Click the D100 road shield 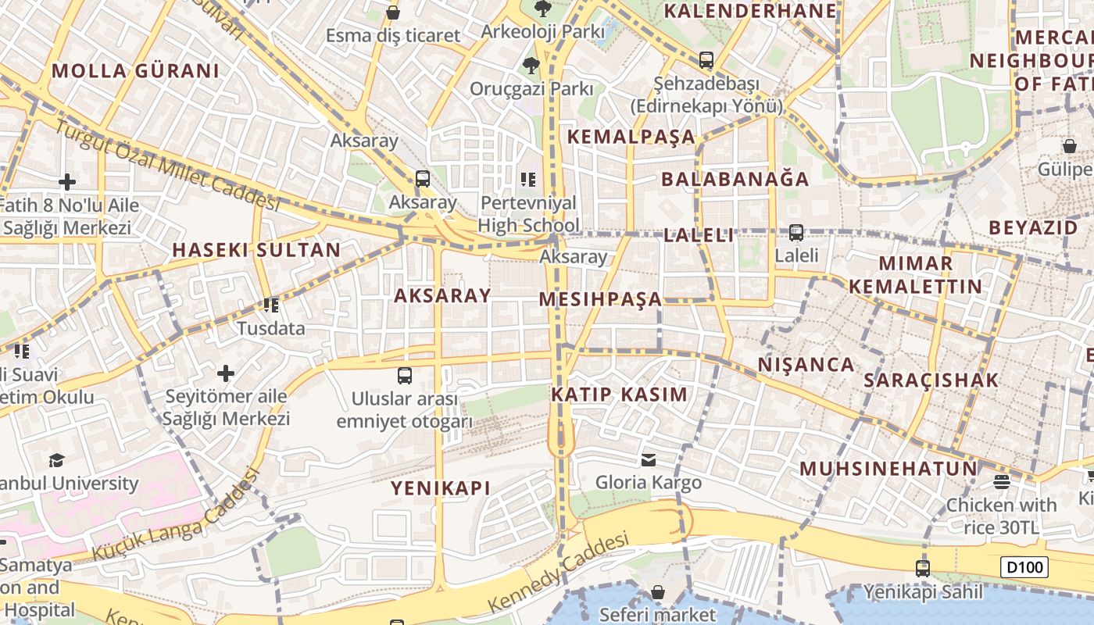pyautogui.click(x=1024, y=567)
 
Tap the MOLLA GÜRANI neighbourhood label pyautogui.click(x=135, y=71)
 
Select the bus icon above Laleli pyautogui.click(x=796, y=232)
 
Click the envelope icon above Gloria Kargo pyautogui.click(x=649, y=459)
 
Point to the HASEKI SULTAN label pyautogui.click(x=256, y=250)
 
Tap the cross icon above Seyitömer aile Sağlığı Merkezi pyautogui.click(x=226, y=373)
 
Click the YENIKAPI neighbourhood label pyautogui.click(x=441, y=488)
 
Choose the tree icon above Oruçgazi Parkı pyautogui.click(x=531, y=65)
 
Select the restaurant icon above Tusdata pyautogui.click(x=270, y=305)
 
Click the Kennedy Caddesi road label pyautogui.click(x=558, y=573)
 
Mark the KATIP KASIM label pyautogui.click(x=620, y=395)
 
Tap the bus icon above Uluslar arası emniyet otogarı pyautogui.click(x=404, y=376)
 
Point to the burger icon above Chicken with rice pyautogui.click(x=1002, y=481)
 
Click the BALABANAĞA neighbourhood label pyautogui.click(x=735, y=179)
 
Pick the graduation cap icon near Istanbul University pyautogui.click(x=56, y=460)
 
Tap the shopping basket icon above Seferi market pyautogui.click(x=658, y=592)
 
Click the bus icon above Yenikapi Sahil pyautogui.click(x=923, y=569)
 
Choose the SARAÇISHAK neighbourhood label pyautogui.click(x=931, y=380)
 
